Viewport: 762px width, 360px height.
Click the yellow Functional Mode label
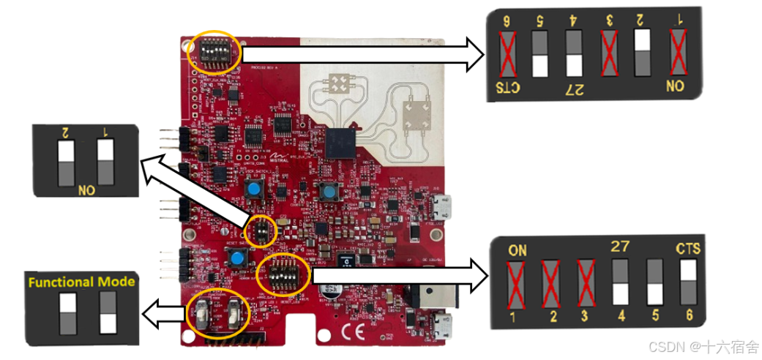pos(81,281)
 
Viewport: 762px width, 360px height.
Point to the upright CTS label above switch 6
pos(688,249)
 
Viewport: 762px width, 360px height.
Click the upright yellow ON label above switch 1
pos(518,250)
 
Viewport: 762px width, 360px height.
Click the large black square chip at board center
pos(342,142)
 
